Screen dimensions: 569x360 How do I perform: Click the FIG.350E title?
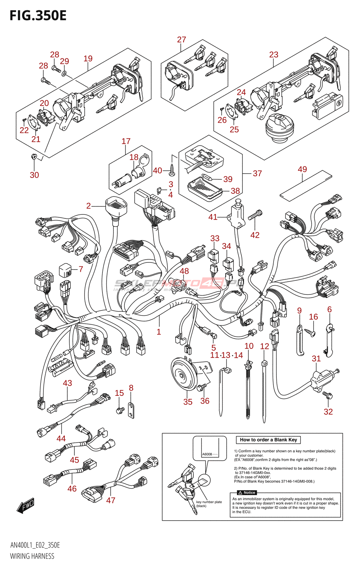[x=38, y=16]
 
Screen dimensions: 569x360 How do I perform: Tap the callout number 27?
[x=181, y=39]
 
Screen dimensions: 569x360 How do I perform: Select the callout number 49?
[x=302, y=169]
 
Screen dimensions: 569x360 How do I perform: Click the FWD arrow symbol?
[x=25, y=505]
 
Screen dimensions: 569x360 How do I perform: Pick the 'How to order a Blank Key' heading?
[x=268, y=440]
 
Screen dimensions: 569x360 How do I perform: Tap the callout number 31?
[x=316, y=358]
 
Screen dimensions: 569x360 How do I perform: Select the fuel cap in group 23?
[x=280, y=126]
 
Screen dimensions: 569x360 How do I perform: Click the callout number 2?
[x=88, y=206]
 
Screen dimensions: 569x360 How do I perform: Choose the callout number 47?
[x=111, y=500]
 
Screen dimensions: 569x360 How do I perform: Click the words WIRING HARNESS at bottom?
[x=32, y=556]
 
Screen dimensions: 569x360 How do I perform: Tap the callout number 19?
[x=88, y=59]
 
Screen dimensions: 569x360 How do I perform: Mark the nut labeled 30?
[x=34, y=156]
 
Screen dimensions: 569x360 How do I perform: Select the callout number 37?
[x=257, y=174]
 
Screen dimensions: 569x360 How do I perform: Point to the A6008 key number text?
[x=207, y=454]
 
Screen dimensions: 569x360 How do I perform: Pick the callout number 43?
[x=67, y=383]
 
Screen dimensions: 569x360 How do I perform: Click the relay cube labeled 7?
[x=65, y=270]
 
